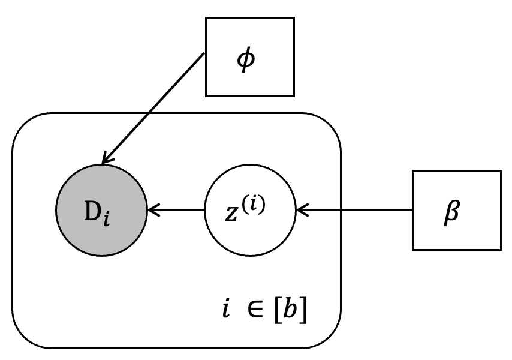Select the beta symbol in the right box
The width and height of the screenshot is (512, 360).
pyautogui.click(x=451, y=215)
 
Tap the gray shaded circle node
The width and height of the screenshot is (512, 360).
pyautogui.click(x=101, y=211)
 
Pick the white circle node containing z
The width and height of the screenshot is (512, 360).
pyautogui.click(x=250, y=211)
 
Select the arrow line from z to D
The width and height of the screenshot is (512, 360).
pyautogui.click(x=177, y=210)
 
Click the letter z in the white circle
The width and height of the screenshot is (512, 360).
pyautogui.click(x=233, y=215)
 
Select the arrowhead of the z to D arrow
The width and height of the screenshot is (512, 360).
pyautogui.click(x=153, y=210)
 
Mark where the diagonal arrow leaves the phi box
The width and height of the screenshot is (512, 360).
pyautogui.click(x=204, y=54)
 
